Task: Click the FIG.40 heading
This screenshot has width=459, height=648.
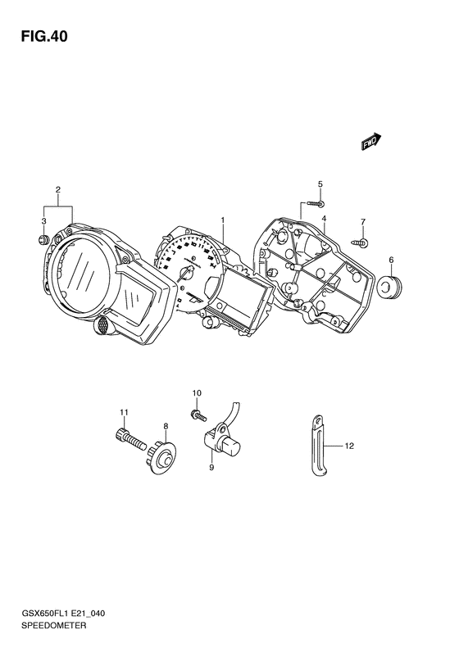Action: click(x=44, y=37)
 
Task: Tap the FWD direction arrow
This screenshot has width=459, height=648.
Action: click(x=371, y=142)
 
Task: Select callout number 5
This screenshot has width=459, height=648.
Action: click(x=320, y=184)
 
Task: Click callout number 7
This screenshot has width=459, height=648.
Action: click(x=362, y=222)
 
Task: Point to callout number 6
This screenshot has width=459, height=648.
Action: click(x=391, y=260)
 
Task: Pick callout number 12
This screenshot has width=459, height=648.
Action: click(x=349, y=446)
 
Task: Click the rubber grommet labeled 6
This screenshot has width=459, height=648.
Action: click(x=390, y=286)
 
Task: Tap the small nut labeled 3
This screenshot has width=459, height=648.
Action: click(x=43, y=239)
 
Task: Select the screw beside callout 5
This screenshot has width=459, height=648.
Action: click(x=316, y=203)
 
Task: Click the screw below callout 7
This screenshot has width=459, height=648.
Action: click(x=361, y=242)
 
